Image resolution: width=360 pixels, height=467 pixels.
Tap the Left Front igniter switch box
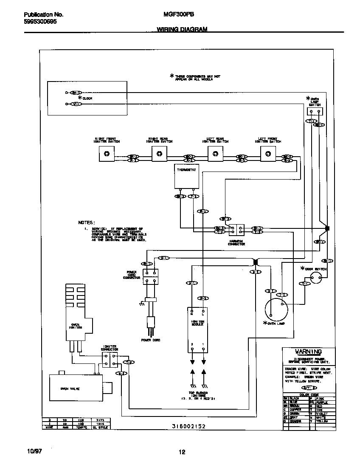[267, 154]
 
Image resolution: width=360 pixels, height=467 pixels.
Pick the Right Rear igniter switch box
[159, 154]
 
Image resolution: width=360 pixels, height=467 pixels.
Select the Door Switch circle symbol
[316, 278]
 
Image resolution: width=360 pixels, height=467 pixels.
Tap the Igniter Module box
[197, 330]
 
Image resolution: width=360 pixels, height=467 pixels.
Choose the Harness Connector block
[236, 230]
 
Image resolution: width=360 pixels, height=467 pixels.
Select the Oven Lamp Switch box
[315, 112]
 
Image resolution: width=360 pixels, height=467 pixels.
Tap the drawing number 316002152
[188, 426]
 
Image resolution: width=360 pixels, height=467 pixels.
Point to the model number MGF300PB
[179, 14]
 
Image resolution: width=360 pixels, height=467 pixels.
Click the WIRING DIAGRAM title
[182, 29]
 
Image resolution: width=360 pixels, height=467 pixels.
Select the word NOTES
[86, 222]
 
